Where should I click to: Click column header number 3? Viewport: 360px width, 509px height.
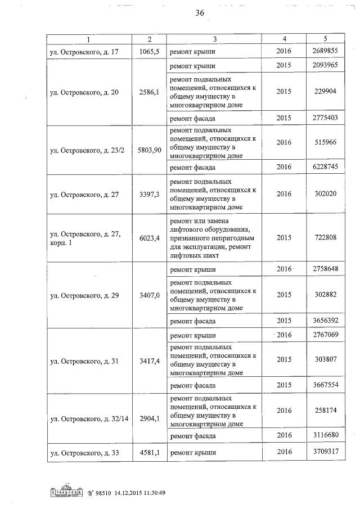coord(215,39)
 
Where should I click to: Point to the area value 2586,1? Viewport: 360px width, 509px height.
coord(149,91)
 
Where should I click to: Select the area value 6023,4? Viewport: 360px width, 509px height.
coord(149,237)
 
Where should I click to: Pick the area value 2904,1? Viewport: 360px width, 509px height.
coord(149,418)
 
